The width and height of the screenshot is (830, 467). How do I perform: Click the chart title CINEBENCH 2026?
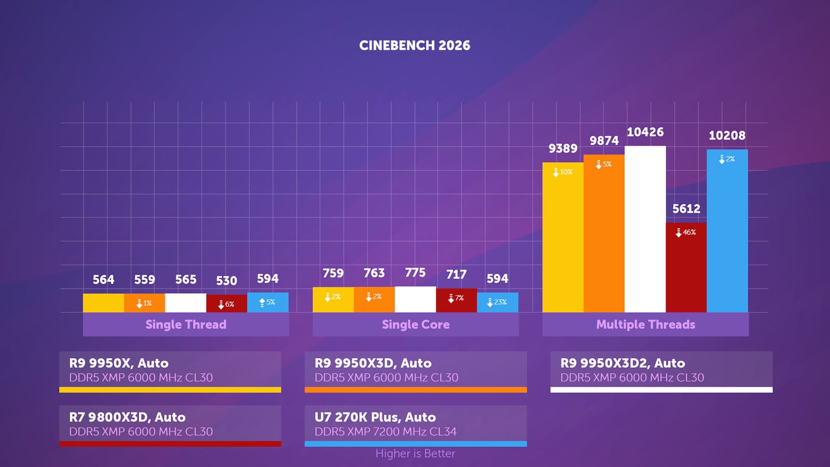(414, 46)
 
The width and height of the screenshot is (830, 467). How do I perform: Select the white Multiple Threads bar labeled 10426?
(645, 229)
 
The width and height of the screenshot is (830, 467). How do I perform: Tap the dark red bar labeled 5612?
(686, 268)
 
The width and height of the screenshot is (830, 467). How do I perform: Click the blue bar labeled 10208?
(727, 231)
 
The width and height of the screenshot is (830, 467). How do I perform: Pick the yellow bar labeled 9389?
(563, 237)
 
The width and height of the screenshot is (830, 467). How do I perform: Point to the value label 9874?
(604, 141)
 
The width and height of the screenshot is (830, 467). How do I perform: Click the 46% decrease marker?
(686, 232)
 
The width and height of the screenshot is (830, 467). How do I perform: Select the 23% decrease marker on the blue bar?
(497, 303)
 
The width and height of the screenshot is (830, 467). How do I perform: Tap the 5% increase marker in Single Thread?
(267, 303)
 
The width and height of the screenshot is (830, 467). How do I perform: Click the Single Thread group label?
(186, 325)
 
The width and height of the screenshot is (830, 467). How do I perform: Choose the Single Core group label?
(416, 325)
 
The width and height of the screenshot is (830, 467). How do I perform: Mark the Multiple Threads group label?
(645, 325)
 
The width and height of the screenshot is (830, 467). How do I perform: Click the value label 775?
(415, 273)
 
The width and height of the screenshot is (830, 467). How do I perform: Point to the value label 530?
(226, 281)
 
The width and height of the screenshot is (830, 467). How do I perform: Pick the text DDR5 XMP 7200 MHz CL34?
(385, 432)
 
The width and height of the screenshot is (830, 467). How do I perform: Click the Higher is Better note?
(416, 454)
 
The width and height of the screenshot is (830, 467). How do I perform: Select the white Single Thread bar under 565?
(186, 303)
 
